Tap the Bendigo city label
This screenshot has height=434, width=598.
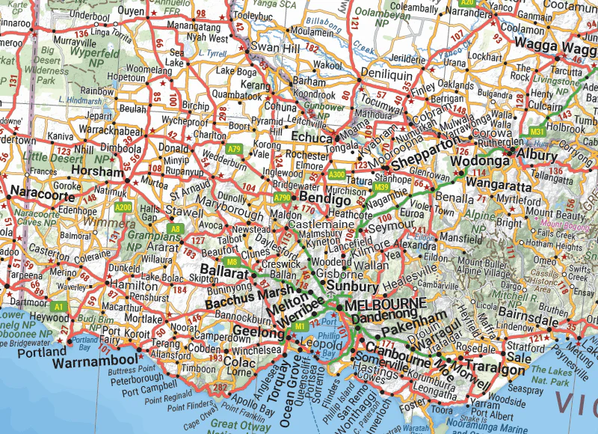click(326, 201)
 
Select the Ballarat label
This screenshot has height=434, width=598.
click(224, 273)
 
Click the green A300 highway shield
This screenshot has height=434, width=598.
click(336, 175)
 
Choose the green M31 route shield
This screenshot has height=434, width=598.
click(537, 132)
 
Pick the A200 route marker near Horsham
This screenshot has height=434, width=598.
click(123, 207)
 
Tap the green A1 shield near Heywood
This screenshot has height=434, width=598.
click(58, 307)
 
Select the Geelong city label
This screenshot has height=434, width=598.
click(256, 331)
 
